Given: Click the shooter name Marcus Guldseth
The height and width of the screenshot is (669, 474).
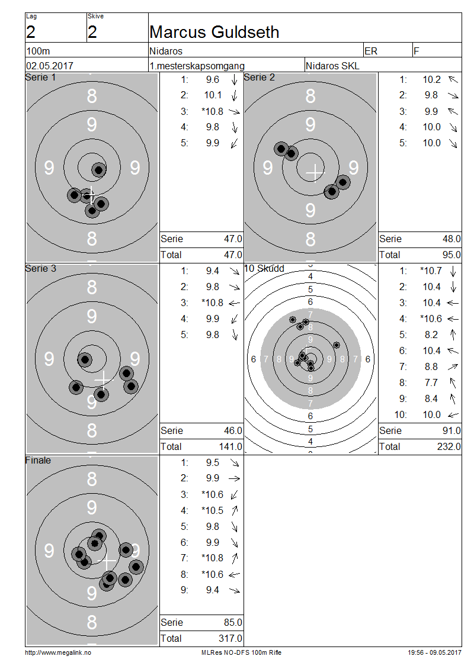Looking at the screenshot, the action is click(x=214, y=32).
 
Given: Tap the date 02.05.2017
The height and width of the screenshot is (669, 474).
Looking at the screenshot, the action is click(x=50, y=66).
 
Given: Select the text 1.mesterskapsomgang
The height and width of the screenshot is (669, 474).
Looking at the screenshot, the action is click(x=197, y=66).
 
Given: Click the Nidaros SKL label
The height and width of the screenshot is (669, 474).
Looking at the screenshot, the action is click(x=332, y=66).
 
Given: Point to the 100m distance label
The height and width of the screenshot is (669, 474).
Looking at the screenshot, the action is click(x=38, y=51).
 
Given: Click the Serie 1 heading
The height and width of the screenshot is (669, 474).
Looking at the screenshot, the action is click(x=40, y=77).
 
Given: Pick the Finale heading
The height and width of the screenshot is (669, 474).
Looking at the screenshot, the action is click(x=38, y=460).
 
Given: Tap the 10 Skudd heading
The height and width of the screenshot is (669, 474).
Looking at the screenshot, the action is click(x=264, y=268).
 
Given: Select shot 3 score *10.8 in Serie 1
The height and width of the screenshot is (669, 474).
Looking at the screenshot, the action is click(x=212, y=111).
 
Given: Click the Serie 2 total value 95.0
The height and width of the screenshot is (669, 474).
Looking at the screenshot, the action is click(x=451, y=255).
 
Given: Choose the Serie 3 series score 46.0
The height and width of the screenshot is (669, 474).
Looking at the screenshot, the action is click(x=233, y=430).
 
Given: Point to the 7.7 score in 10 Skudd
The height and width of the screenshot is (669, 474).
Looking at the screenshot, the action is click(x=431, y=382).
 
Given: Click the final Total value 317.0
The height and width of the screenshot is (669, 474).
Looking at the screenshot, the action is click(x=230, y=638).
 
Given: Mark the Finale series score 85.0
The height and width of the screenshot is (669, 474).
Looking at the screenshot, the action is click(x=233, y=622).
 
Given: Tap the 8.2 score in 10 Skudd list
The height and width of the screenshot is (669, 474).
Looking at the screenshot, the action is click(x=431, y=335).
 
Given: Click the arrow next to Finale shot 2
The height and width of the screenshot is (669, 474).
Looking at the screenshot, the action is click(x=235, y=479).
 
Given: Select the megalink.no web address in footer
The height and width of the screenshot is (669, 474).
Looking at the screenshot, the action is click(x=58, y=652).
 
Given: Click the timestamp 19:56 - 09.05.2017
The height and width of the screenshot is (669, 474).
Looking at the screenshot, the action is click(x=434, y=652).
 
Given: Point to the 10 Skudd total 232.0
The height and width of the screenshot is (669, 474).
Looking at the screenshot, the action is click(x=449, y=446).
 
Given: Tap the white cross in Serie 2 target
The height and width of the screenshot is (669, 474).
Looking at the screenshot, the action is click(x=315, y=172).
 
